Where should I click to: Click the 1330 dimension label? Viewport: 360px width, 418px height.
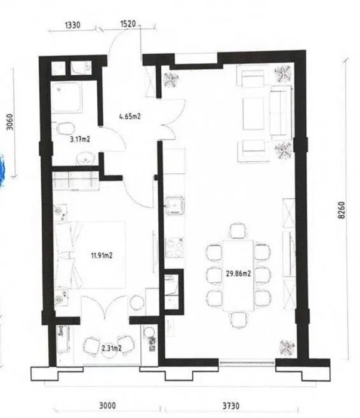[x=72, y=25]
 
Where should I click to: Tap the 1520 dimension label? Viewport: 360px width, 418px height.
[x=128, y=24]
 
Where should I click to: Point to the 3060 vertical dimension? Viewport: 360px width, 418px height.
[x=10, y=122]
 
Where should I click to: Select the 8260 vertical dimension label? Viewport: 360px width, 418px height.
[x=341, y=210]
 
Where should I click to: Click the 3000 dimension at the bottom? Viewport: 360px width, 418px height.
[x=107, y=405]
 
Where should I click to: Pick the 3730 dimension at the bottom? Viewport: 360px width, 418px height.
[x=231, y=405]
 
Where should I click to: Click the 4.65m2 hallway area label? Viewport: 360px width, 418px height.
[x=130, y=116]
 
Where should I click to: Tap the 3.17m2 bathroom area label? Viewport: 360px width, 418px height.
[x=79, y=139]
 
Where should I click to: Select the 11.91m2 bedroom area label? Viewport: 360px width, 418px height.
[x=102, y=256]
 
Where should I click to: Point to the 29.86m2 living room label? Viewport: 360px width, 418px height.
[x=238, y=273]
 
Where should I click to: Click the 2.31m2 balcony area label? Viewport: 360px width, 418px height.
[x=112, y=348]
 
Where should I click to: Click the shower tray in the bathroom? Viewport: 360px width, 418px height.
[x=66, y=97]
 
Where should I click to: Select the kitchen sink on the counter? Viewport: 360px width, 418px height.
[x=175, y=205]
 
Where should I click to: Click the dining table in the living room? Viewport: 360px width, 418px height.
[x=238, y=276]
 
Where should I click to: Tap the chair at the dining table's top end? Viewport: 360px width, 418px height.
[x=238, y=231]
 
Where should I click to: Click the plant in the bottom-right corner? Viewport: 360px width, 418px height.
[x=287, y=348]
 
